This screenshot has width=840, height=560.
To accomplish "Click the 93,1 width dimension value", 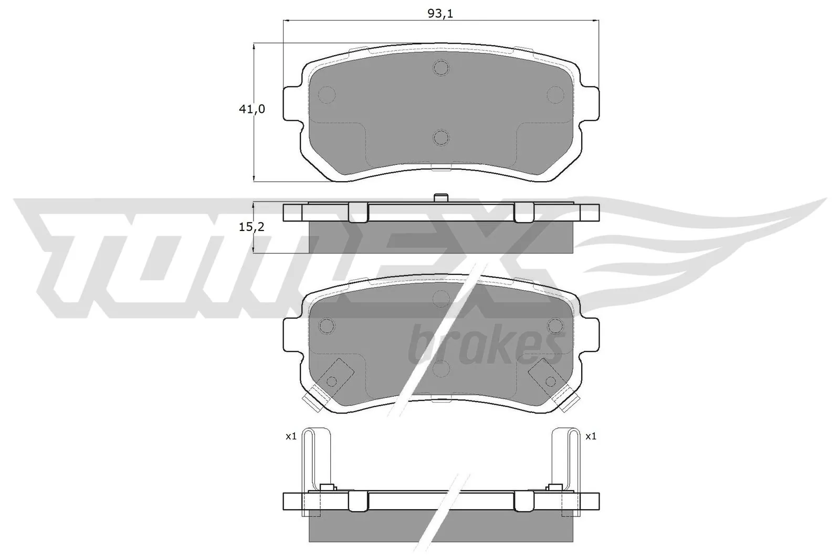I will coord(440,14).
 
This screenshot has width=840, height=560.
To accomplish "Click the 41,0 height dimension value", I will coord(252,109).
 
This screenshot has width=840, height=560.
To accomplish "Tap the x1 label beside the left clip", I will coord(291,436).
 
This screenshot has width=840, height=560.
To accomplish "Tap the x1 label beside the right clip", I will coord(591,436).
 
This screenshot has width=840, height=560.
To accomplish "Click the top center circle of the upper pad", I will coord(441,67).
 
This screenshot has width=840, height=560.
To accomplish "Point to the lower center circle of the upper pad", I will coord(441,138).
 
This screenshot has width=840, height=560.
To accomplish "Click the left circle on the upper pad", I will coord(327,94).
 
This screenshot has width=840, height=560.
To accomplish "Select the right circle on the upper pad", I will coord(555,94).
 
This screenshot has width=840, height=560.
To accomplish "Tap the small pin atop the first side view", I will coord(441,198).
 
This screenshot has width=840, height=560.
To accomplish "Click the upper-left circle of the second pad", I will coord(327,326).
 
